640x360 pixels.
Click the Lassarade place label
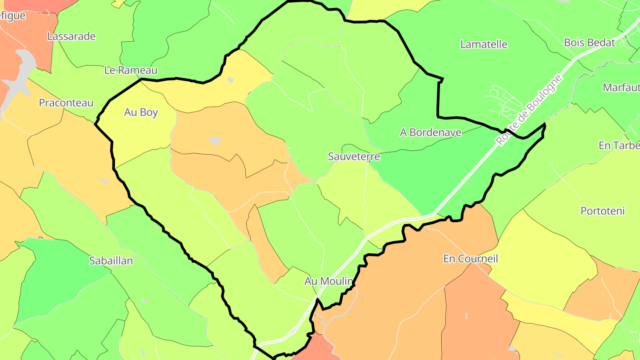pyautogui.click(x=71, y=36)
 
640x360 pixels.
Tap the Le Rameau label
pyautogui.click(x=131, y=70)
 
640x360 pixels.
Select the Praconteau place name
pyautogui.click(x=66, y=103)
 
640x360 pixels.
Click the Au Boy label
pyautogui.click(x=141, y=112)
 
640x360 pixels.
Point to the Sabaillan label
pyautogui.click(x=111, y=261)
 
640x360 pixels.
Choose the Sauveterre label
pyautogui.click(x=354, y=156)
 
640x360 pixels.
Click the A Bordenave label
pyautogui.click(x=431, y=132)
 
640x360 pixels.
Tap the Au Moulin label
pyautogui.click(x=328, y=281)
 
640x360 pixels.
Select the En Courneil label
pyautogui.click(x=471, y=259)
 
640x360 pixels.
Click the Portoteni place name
pyautogui.click(x=603, y=211)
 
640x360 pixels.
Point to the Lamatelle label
pyautogui.click(x=484, y=44)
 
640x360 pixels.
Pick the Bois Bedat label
pyautogui.click(x=589, y=43)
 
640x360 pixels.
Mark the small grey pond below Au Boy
pyautogui.click(x=214, y=140)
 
